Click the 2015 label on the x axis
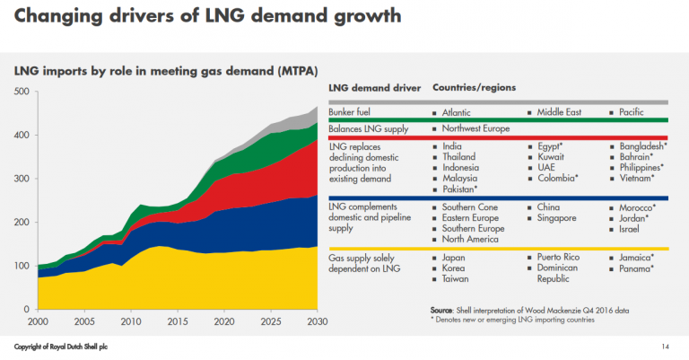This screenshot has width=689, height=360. click(179, 320)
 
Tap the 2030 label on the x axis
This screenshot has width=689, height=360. click(317, 320)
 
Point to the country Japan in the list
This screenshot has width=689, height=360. click(456, 258)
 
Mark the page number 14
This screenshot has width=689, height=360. click(666, 347)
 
